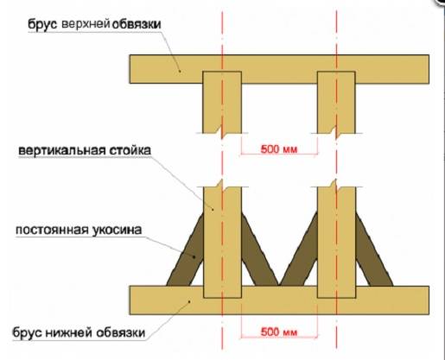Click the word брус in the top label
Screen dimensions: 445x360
[42, 24]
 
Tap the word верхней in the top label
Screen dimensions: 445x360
[86, 24]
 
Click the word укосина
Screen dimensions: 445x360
[117, 231]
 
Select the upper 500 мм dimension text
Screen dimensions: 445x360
[279, 149]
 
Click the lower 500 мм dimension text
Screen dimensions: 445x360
[279, 332]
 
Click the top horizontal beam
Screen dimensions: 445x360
[279, 69]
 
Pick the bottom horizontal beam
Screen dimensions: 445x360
[279, 300]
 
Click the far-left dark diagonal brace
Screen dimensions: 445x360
[185, 249]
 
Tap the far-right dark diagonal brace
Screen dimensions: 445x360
[374, 249]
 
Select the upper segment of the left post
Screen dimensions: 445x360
[222, 102]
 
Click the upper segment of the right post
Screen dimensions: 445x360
[336, 102]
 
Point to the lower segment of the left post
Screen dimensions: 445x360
[222, 243]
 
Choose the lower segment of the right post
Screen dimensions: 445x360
[336, 243]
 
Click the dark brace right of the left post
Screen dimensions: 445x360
[260, 249]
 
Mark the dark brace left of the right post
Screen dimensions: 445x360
[299, 249]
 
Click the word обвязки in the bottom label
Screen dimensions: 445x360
[120, 332]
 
